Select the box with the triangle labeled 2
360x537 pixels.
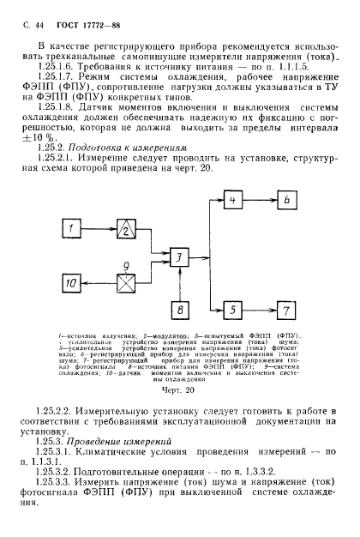127,229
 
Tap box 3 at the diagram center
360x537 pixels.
178,256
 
